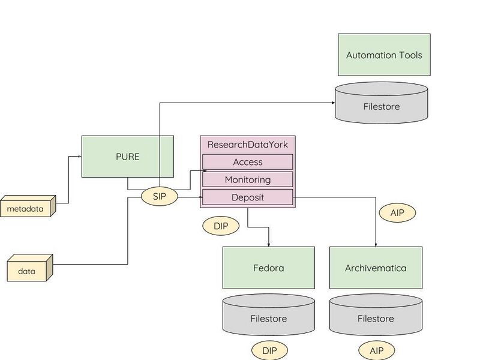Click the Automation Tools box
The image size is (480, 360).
(384, 55)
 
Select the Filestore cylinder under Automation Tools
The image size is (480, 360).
(381, 106)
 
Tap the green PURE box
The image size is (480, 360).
(128, 157)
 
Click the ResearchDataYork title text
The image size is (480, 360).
(247, 145)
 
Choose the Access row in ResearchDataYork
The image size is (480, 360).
(247, 162)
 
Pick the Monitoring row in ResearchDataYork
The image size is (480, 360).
(247, 179)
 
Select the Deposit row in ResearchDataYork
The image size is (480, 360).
(247, 197)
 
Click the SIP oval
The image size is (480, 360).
(160, 197)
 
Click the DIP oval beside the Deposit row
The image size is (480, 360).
(221, 226)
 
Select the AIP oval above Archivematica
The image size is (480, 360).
(397, 212)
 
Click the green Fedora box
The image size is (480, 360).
(268, 268)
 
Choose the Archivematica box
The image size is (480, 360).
(376, 268)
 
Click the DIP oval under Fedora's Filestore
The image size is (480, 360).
(269, 350)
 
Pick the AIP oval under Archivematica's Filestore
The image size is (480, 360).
(377, 350)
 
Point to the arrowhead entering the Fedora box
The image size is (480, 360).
(268, 244)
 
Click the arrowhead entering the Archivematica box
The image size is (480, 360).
(376, 244)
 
